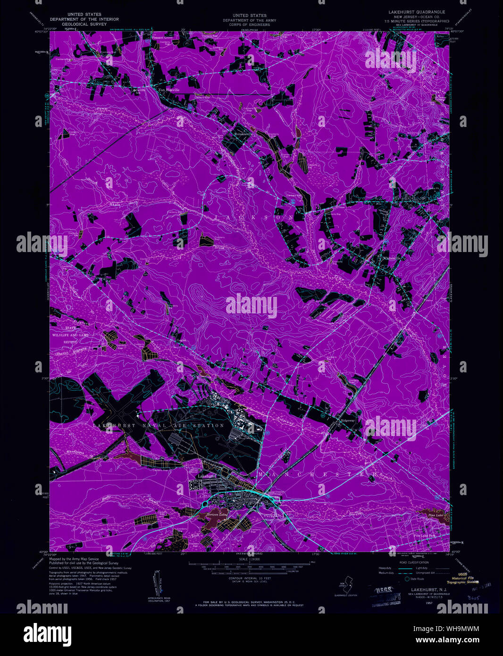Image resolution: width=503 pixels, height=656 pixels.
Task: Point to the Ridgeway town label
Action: tap(347, 420)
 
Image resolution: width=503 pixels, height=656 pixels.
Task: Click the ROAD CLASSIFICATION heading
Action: tap(414, 563)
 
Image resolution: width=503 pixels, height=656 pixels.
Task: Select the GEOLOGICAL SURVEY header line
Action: tap(84, 24)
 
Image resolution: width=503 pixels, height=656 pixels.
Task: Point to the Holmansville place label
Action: tap(244, 134)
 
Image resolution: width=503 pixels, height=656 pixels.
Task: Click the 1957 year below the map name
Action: tap(429, 603)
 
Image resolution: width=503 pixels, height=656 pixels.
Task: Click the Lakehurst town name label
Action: tap(207, 476)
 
